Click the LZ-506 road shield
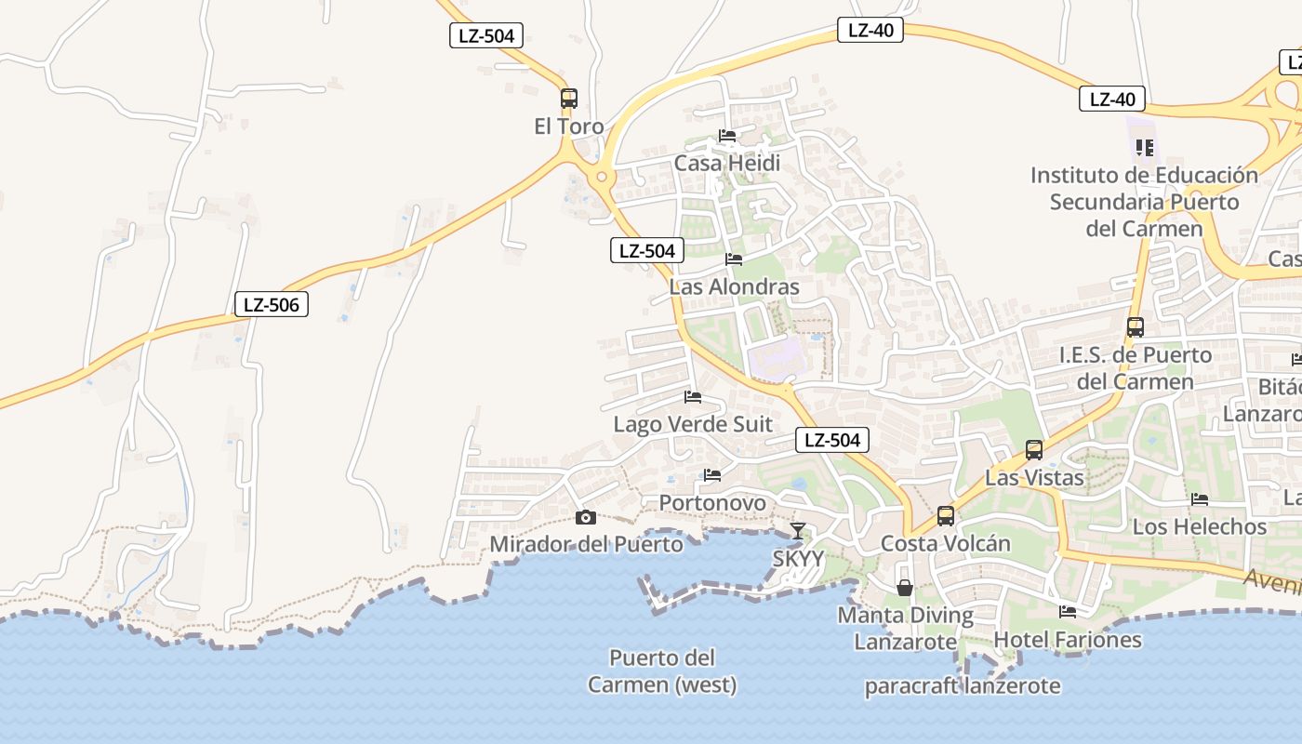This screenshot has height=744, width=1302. (271, 304)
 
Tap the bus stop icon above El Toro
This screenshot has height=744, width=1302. (569, 99)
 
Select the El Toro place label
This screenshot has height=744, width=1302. (569, 126)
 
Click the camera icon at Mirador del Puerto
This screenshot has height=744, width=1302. (585, 518)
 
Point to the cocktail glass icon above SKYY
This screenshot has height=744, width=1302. (798, 531)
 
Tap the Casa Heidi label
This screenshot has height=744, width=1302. (727, 164)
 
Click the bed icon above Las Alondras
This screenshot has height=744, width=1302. (734, 259)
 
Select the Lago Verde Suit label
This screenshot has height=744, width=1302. (693, 425)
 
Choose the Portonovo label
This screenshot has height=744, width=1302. (712, 503)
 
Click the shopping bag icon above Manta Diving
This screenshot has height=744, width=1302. (905, 588)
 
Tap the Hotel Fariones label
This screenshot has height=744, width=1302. (1068, 640)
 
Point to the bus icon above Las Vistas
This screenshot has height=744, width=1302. (1034, 451)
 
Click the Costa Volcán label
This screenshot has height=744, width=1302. (946, 543)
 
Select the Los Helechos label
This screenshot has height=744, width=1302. (1200, 526)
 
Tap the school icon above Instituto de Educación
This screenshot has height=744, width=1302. (1145, 148)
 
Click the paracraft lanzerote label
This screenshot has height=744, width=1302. (963, 686)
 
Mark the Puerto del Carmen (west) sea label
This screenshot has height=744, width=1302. (662, 671)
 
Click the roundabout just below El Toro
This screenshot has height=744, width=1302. (603, 175)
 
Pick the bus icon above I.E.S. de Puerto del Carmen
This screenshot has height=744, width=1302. (1135, 327)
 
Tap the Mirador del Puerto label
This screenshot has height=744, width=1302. (586, 544)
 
